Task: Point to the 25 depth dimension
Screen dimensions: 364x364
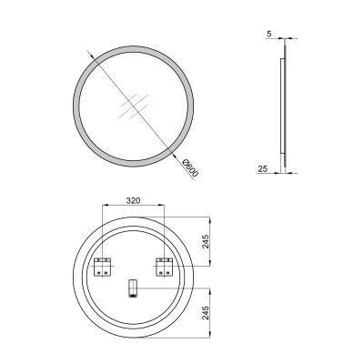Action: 262,168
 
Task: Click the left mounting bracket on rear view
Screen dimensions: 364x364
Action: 103,268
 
